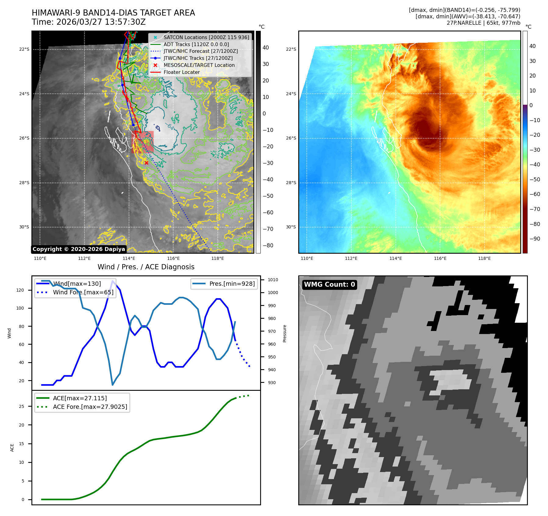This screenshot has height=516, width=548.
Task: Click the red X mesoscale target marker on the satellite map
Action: [x=146, y=163]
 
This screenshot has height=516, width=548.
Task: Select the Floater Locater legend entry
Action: [x=181, y=72]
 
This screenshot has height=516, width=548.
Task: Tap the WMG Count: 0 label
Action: [x=329, y=285]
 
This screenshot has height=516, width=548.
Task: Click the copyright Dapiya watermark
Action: [x=79, y=249]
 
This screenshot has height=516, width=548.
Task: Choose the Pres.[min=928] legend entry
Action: [x=232, y=284]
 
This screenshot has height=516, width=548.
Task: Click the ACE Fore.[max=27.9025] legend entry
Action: [x=90, y=407]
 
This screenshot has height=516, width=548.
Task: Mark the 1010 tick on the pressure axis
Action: [x=273, y=280]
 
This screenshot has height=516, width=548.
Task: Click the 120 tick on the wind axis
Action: [x=20, y=290]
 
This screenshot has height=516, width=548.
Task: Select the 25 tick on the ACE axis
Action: [x=22, y=406]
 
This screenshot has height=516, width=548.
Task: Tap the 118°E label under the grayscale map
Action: [x=217, y=259]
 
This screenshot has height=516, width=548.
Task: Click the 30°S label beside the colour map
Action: [x=291, y=227]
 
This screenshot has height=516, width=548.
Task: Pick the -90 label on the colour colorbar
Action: [x=535, y=239]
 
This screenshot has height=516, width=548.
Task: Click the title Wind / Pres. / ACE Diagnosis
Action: [x=146, y=267]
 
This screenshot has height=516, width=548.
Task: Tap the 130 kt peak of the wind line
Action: [x=113, y=281]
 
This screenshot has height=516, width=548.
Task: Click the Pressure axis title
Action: [x=285, y=333]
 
